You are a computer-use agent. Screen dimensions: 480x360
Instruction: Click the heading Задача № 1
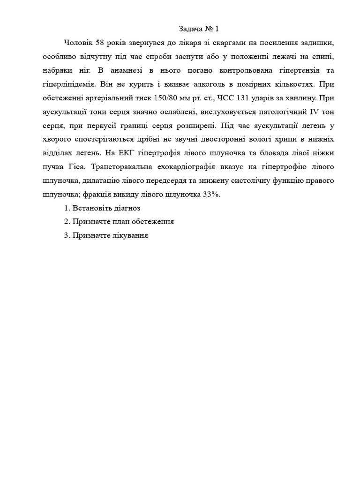click(x=199, y=29)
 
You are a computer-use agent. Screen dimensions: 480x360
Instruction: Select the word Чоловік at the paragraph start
click(x=78, y=43)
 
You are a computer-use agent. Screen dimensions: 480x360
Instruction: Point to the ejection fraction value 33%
click(x=211, y=195)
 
